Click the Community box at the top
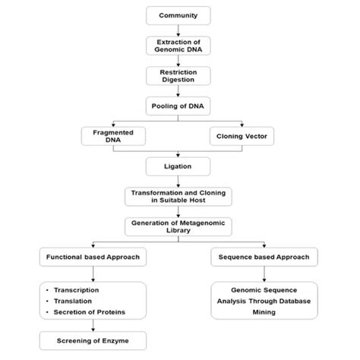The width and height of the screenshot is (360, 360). (179, 15)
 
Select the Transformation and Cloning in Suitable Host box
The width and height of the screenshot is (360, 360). (179, 196)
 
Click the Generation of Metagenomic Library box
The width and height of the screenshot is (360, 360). (179, 226)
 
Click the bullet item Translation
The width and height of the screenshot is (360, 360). (71, 301)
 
